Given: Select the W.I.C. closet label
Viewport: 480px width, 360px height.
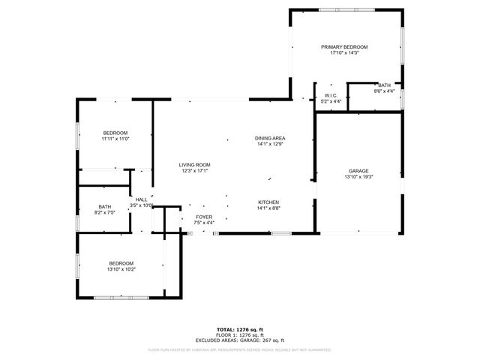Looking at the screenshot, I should [331, 95].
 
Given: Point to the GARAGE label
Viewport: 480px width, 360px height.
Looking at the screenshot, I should [358, 171].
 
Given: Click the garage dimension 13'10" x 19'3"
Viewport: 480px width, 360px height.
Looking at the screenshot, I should [358, 177].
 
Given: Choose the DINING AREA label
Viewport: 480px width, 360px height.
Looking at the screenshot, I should [270, 138].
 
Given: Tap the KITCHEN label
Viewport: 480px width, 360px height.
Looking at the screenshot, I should [268, 202].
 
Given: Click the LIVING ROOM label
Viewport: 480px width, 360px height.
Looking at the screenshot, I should [194, 165].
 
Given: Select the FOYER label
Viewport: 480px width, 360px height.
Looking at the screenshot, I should [204, 217].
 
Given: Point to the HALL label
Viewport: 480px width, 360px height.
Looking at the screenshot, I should [141, 199].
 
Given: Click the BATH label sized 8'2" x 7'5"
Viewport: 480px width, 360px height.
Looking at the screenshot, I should [105, 207].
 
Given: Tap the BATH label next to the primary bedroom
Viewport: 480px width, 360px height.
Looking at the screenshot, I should [384, 85].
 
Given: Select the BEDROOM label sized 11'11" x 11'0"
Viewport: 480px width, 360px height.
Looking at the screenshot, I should [115, 133].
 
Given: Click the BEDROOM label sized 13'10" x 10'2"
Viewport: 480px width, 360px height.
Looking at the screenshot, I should [121, 263].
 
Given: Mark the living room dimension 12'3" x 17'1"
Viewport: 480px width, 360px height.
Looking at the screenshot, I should [194, 171].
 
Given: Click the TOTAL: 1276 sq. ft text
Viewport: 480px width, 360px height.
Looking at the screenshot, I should [240, 329].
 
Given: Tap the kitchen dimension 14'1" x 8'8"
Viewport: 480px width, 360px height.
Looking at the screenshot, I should [268, 208].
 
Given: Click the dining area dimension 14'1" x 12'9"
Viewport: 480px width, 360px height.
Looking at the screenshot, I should [270, 144].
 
